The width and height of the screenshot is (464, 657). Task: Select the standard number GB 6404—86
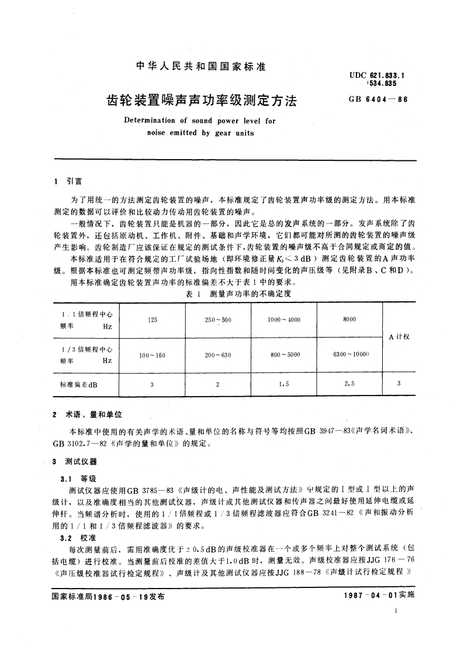point(378,99)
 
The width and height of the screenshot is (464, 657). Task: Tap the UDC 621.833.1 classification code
point(377,75)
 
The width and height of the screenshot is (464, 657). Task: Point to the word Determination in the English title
point(151,121)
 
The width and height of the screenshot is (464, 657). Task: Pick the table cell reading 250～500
point(218,320)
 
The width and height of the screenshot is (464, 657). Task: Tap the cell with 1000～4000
point(283,320)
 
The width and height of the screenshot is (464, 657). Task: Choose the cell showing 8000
point(348,320)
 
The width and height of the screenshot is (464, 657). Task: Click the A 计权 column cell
point(399,337)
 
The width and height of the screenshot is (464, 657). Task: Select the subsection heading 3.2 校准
point(78,536)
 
